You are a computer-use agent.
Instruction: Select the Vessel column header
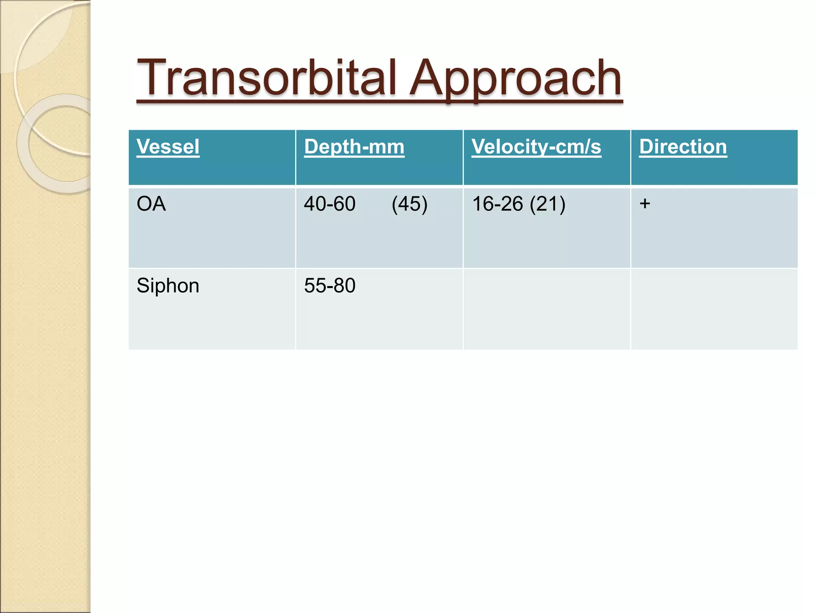pyautogui.click(x=168, y=146)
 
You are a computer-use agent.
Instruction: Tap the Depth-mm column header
pyautogui.click(x=354, y=146)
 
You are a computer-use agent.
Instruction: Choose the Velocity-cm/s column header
pyautogui.click(x=536, y=146)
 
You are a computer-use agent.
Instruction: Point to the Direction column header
pyautogui.click(x=683, y=146)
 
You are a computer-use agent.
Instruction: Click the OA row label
pyautogui.click(x=151, y=204)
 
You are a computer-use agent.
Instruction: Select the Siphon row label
pyautogui.click(x=168, y=286)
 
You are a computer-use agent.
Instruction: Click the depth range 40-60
pyautogui.click(x=330, y=204)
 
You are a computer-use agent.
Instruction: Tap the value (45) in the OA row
pyautogui.click(x=409, y=204)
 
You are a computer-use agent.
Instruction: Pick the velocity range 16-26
pyautogui.click(x=497, y=204)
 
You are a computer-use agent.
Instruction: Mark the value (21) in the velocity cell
pyautogui.click(x=548, y=204)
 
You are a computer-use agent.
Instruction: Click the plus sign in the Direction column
pyautogui.click(x=645, y=204)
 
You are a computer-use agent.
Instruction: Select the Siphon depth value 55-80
pyautogui.click(x=330, y=286)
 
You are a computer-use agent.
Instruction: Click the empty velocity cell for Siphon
pyautogui.click(x=547, y=309)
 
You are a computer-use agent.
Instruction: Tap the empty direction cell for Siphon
pyautogui.click(x=714, y=309)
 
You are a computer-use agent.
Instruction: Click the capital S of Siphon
pyautogui.click(x=143, y=286)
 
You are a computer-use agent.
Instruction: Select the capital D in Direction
pyautogui.click(x=647, y=146)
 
